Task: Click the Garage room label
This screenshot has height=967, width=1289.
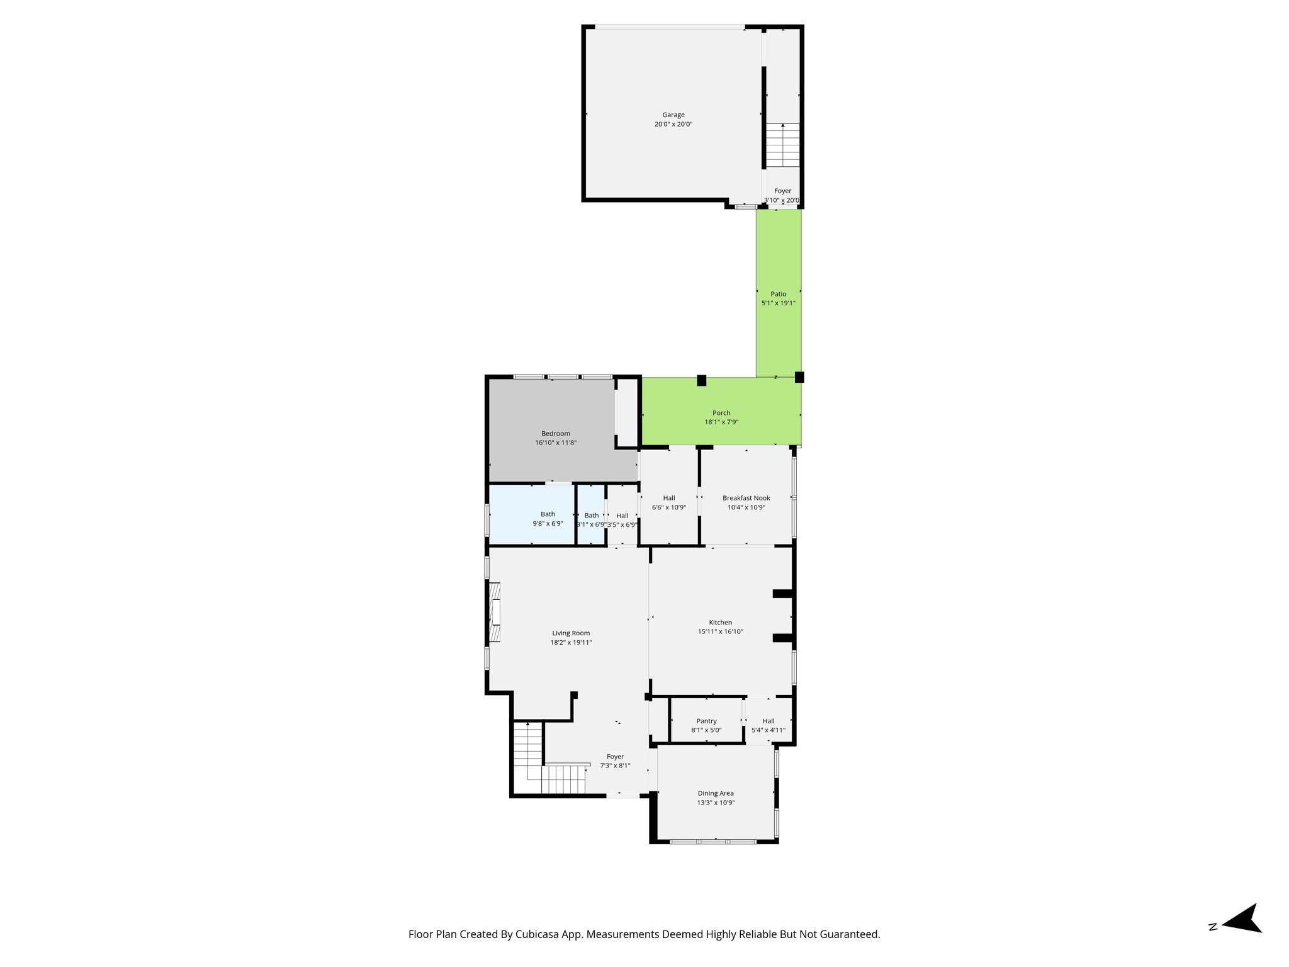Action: coord(673,115)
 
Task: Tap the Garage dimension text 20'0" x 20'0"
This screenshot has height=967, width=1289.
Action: coord(673,125)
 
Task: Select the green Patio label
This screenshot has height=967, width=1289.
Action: coord(778,294)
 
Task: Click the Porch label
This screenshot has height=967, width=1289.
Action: coord(721,413)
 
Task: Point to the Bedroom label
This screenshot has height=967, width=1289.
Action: coord(556,433)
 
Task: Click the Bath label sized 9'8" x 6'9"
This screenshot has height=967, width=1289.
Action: coord(548,514)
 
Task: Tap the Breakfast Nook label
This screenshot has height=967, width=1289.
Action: coord(746,498)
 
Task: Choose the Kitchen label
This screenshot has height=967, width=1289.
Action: coord(720,623)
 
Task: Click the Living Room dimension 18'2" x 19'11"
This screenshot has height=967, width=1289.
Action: coord(571,643)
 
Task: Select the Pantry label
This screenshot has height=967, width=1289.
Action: coord(706,721)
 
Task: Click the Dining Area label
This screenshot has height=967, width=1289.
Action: coord(716,793)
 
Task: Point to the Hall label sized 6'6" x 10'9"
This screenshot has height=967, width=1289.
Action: coord(669,498)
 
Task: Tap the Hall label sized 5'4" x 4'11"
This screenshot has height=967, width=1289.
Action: coord(768,721)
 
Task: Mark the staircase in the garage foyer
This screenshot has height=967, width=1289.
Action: coord(782,145)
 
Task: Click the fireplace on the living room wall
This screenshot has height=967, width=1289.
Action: coord(495,612)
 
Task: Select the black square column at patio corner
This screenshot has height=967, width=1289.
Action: coord(799,377)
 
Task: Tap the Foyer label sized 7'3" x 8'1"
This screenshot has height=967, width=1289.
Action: coord(615,757)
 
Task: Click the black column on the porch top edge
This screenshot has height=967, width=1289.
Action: coord(701,380)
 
